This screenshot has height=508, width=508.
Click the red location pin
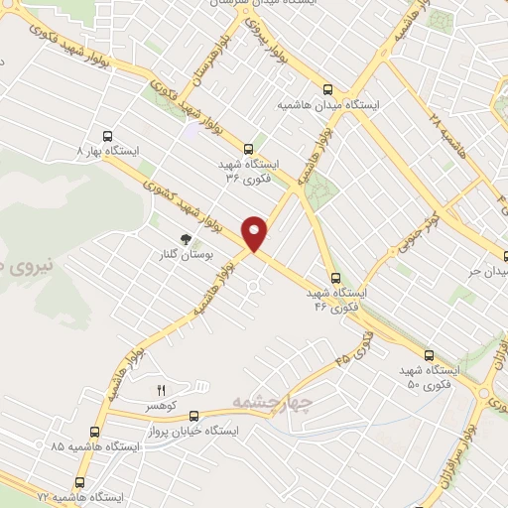coord(255,233)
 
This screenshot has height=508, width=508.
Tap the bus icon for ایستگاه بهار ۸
coord(107,137)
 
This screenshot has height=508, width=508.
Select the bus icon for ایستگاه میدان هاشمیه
coord(327,88)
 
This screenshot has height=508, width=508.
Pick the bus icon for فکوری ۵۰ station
coord(429,354)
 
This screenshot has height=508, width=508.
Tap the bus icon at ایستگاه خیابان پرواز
coord(193,418)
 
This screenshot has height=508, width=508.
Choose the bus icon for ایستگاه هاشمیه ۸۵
coord(94,432)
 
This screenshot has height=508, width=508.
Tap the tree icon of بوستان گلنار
coord(184,238)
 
